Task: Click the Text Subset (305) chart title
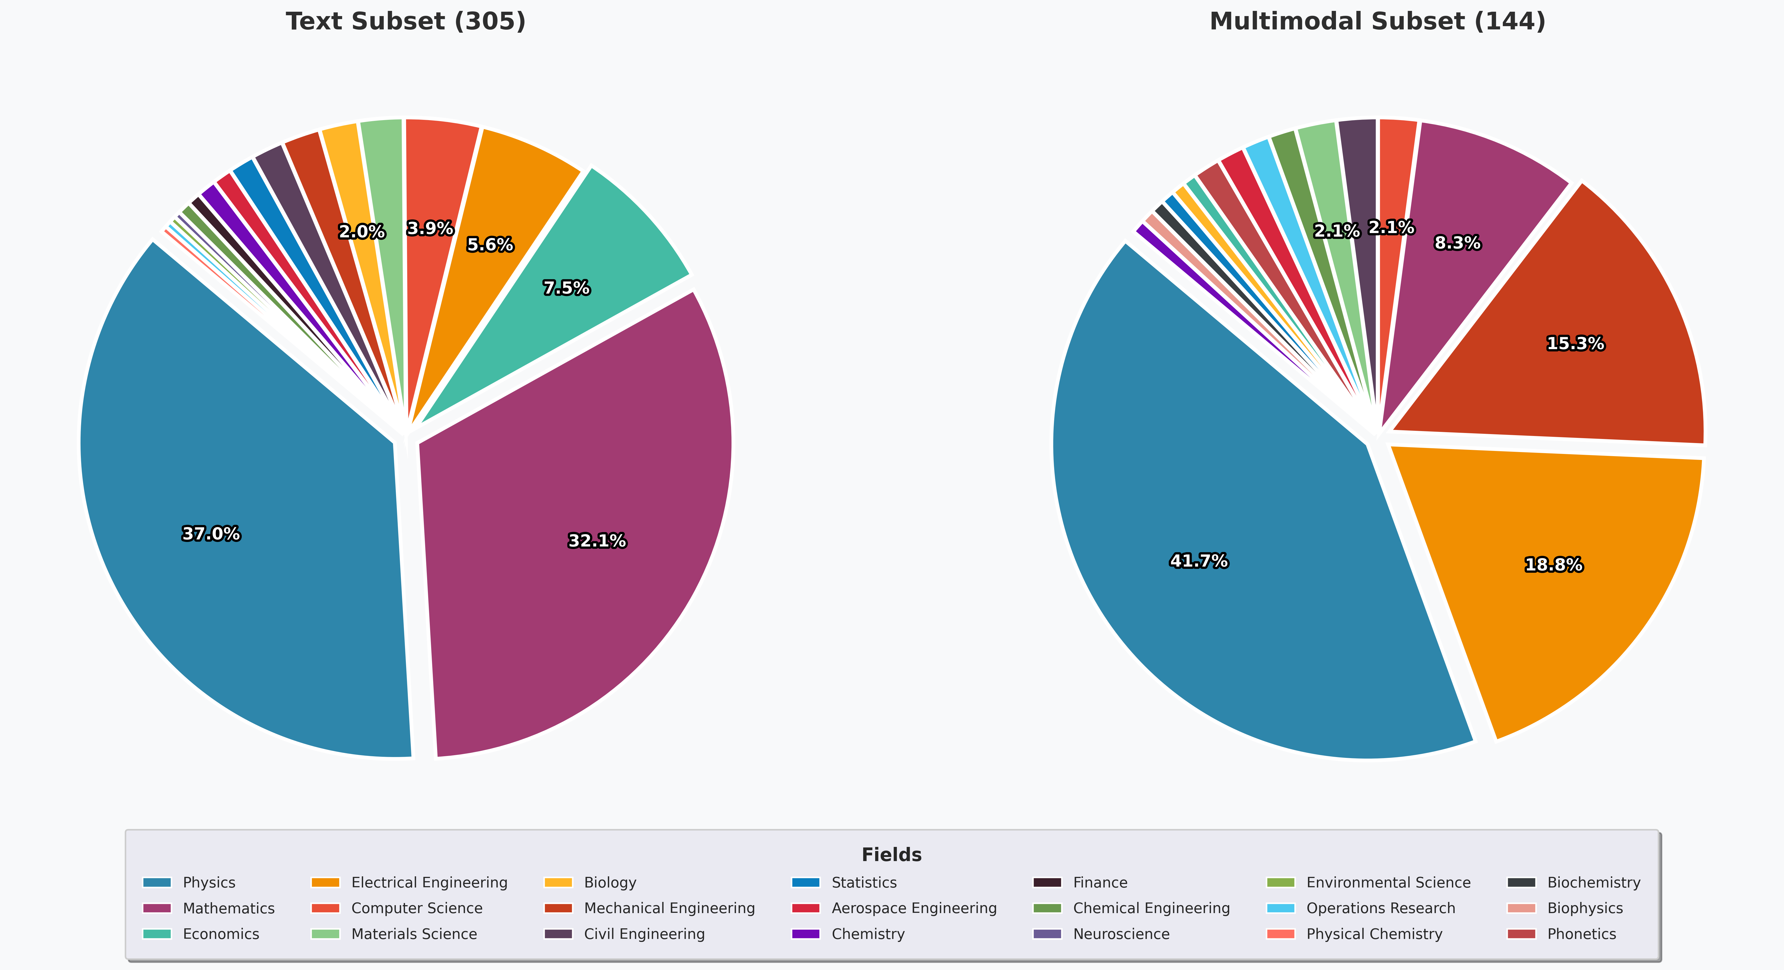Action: [x=406, y=22]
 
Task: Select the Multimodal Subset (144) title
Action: [x=1377, y=22]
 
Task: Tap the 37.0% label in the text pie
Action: [x=211, y=533]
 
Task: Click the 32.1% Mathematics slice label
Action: [x=597, y=541]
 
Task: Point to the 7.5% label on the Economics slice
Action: [x=566, y=288]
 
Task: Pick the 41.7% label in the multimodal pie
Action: [x=1199, y=560]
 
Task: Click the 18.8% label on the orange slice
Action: [x=1553, y=565]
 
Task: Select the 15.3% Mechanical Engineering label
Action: [x=1575, y=343]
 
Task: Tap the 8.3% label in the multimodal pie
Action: [x=1457, y=242]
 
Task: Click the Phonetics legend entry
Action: [x=1581, y=934]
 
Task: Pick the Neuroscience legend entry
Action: [x=1121, y=934]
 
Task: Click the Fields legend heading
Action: [x=891, y=855]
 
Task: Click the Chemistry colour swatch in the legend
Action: [x=805, y=934]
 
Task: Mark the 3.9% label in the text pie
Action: [x=430, y=228]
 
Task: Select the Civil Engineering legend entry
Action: [x=643, y=934]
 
